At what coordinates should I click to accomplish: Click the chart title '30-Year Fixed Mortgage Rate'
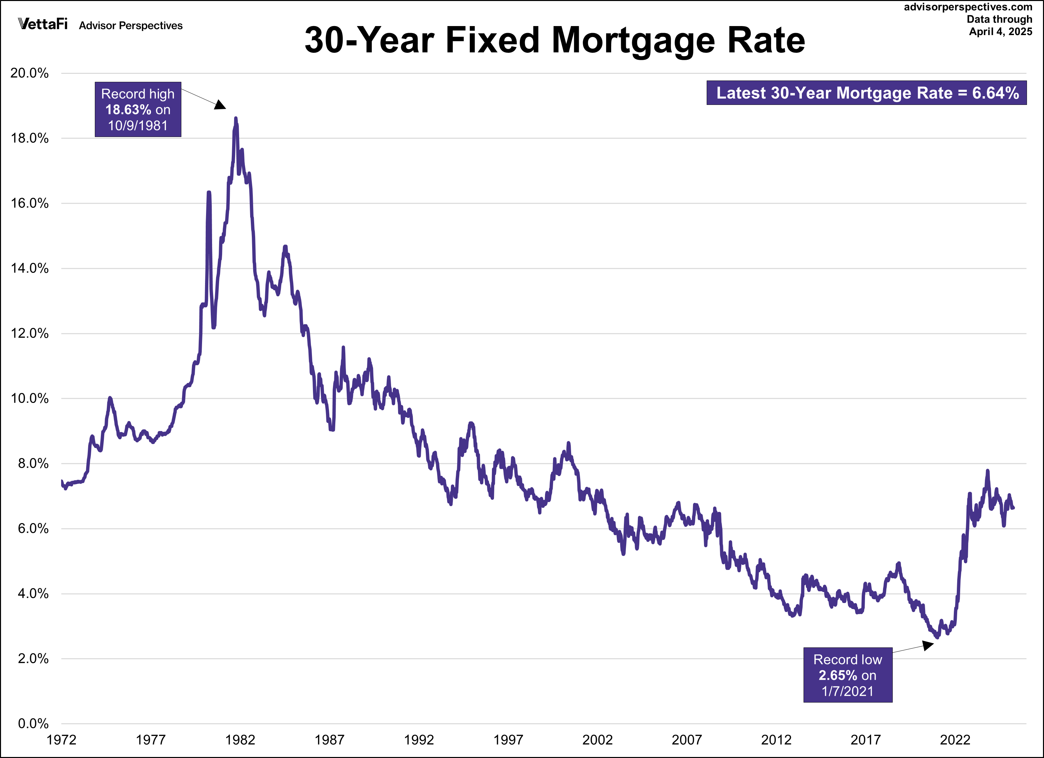pos(555,40)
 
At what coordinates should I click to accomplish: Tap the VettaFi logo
pos(43,24)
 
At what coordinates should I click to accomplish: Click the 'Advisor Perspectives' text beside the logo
pos(131,26)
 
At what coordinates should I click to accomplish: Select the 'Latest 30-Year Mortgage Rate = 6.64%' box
pos(867,93)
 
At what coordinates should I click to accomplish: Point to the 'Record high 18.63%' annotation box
pos(138,110)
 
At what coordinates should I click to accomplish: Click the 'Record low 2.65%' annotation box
pos(847,675)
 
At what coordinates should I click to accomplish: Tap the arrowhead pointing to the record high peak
pos(220,105)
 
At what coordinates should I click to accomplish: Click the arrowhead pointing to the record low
pos(927,645)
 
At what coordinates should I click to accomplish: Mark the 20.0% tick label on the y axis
pos(29,73)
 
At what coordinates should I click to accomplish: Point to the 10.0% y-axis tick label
pos(29,398)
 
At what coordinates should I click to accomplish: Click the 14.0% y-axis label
pos(29,269)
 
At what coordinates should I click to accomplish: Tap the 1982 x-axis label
pos(240,740)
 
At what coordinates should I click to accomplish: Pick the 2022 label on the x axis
pos(955,740)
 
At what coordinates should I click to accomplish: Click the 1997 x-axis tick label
pos(508,740)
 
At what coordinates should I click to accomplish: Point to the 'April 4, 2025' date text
pos(1000,31)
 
